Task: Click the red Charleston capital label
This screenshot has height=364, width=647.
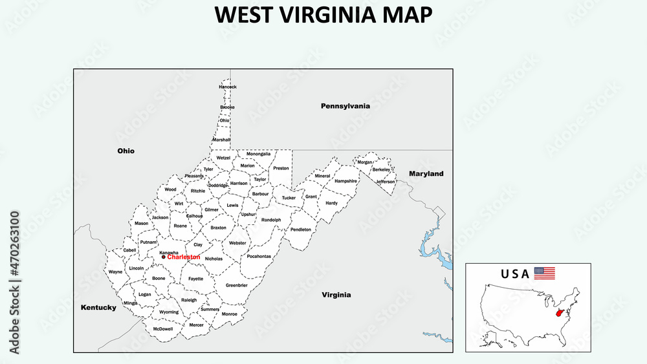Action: [184, 257]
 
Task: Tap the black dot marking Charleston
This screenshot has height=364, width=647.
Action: [163, 257]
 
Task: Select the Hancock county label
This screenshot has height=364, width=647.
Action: [228, 87]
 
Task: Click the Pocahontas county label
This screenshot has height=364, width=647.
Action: [259, 256]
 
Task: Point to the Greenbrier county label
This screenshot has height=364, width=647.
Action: [236, 285]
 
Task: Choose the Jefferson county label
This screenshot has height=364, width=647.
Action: [385, 182]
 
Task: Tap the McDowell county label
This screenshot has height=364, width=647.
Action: [163, 328]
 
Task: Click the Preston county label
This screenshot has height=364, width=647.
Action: [281, 168]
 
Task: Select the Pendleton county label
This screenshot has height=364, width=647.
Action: [301, 230]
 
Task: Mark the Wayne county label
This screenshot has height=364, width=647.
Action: [115, 272]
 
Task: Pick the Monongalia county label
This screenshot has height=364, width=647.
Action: [259, 154]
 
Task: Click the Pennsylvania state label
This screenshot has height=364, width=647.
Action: [345, 105]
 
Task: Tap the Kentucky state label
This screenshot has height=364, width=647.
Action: [98, 308]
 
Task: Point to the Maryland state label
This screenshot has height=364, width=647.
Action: [426, 174]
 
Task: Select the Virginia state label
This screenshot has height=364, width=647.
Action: [336, 295]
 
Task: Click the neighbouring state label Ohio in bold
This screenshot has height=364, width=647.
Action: [126, 151]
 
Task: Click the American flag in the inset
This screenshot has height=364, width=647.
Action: [544, 273]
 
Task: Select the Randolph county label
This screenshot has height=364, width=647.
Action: [271, 220]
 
